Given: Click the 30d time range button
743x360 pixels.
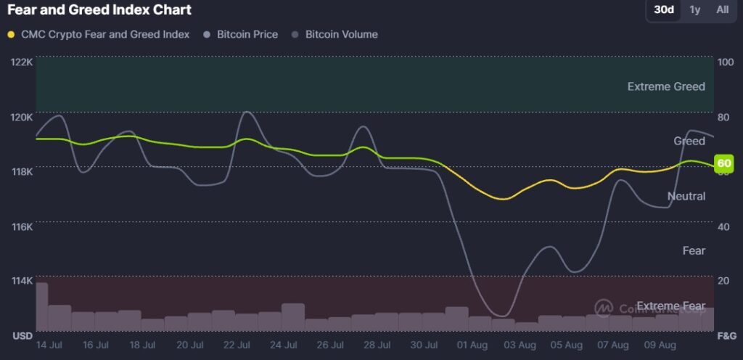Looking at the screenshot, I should point(664,10).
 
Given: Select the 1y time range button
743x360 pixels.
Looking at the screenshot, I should point(695,10).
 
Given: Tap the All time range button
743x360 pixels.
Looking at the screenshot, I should point(723,10).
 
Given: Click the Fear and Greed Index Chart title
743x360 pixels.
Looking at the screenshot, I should point(99,10).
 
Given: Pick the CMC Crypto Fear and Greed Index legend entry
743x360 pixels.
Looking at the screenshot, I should point(99,34).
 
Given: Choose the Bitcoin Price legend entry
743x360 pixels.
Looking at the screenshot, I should point(241,34).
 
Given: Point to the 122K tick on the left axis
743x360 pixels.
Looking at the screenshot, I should point(21,62).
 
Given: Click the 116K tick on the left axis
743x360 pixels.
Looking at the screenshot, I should point(21,226).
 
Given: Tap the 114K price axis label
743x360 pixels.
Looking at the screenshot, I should point(21,281).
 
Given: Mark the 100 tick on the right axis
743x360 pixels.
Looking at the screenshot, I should point(725,62).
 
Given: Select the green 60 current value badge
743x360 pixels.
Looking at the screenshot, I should point(723,163).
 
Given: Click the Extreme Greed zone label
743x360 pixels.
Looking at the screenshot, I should point(666,86).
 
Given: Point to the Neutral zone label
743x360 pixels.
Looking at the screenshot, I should point(686,196).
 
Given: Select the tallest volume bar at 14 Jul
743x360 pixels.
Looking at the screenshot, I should point(41,306).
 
